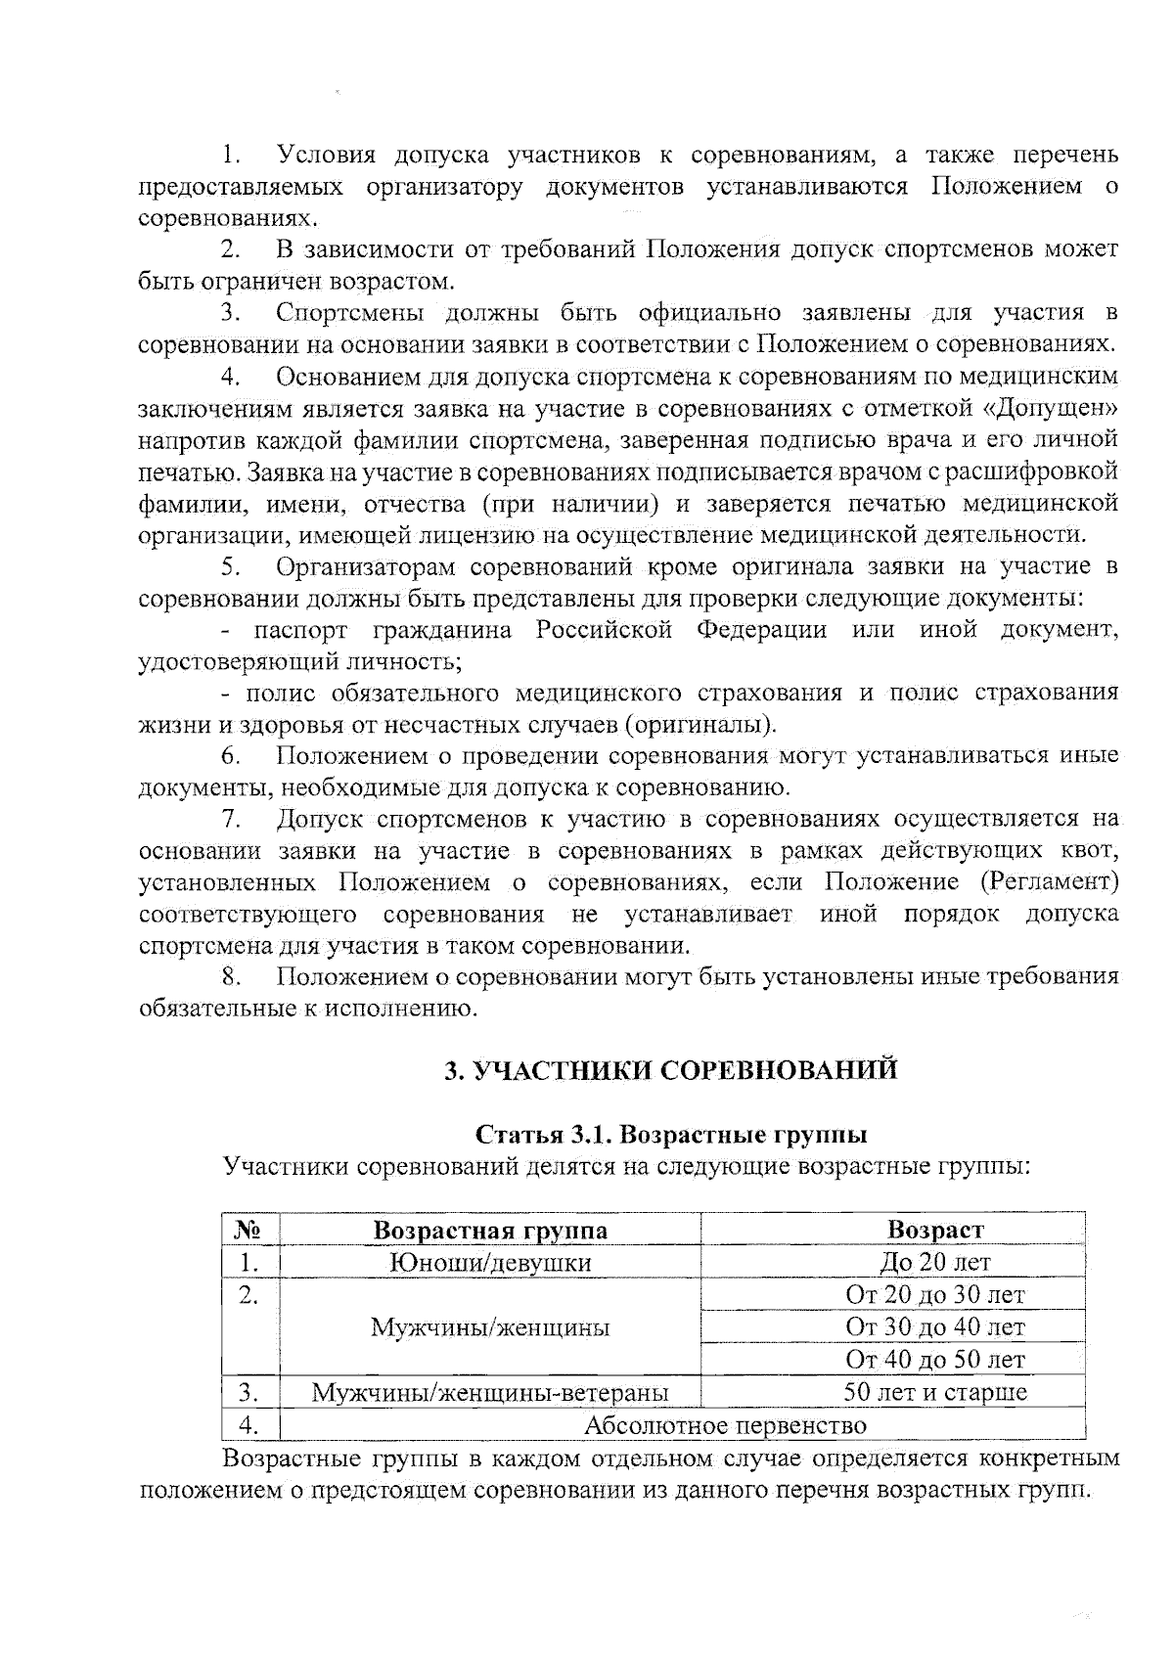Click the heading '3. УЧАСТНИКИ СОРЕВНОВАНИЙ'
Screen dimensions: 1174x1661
pyautogui.click(x=671, y=1070)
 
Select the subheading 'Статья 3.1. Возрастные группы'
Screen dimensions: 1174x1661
pyautogui.click(x=671, y=1135)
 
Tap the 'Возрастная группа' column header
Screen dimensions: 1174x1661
pyautogui.click(x=490, y=1230)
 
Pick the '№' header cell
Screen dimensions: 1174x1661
pyautogui.click(x=248, y=1230)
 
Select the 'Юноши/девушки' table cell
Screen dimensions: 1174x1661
pyautogui.click(x=490, y=1262)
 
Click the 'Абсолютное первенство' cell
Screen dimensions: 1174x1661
pyautogui.click(x=725, y=1424)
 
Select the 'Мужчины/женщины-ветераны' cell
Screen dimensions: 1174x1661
pyautogui.click(x=490, y=1392)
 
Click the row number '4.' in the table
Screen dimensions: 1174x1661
pyautogui.click(x=248, y=1424)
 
